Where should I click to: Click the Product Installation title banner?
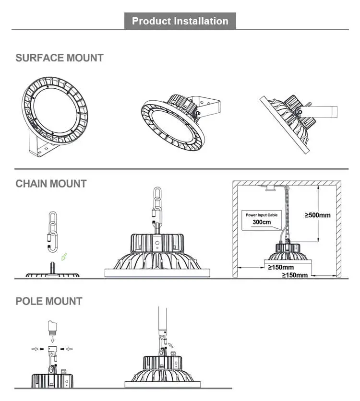click(x=180, y=21)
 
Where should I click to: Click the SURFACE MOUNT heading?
click(x=60, y=58)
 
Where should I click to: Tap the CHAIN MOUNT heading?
click(x=51, y=184)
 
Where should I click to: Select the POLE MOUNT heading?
click(x=49, y=301)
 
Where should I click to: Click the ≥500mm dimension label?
click(x=318, y=215)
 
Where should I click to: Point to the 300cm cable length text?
click(x=262, y=222)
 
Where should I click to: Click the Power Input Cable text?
click(x=262, y=215)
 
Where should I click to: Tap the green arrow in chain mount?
click(x=64, y=257)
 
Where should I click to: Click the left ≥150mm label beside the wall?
click(x=281, y=267)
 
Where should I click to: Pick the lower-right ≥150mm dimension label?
click(x=295, y=275)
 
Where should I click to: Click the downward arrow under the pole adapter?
click(x=52, y=339)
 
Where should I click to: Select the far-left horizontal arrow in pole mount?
click(x=35, y=349)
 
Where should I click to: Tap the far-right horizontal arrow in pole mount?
click(x=69, y=349)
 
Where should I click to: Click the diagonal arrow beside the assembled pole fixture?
click(x=171, y=345)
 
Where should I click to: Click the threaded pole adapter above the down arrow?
click(x=52, y=328)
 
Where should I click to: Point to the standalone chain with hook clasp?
click(x=53, y=232)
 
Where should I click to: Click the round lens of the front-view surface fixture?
click(x=55, y=110)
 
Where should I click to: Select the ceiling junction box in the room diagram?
click(x=270, y=188)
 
